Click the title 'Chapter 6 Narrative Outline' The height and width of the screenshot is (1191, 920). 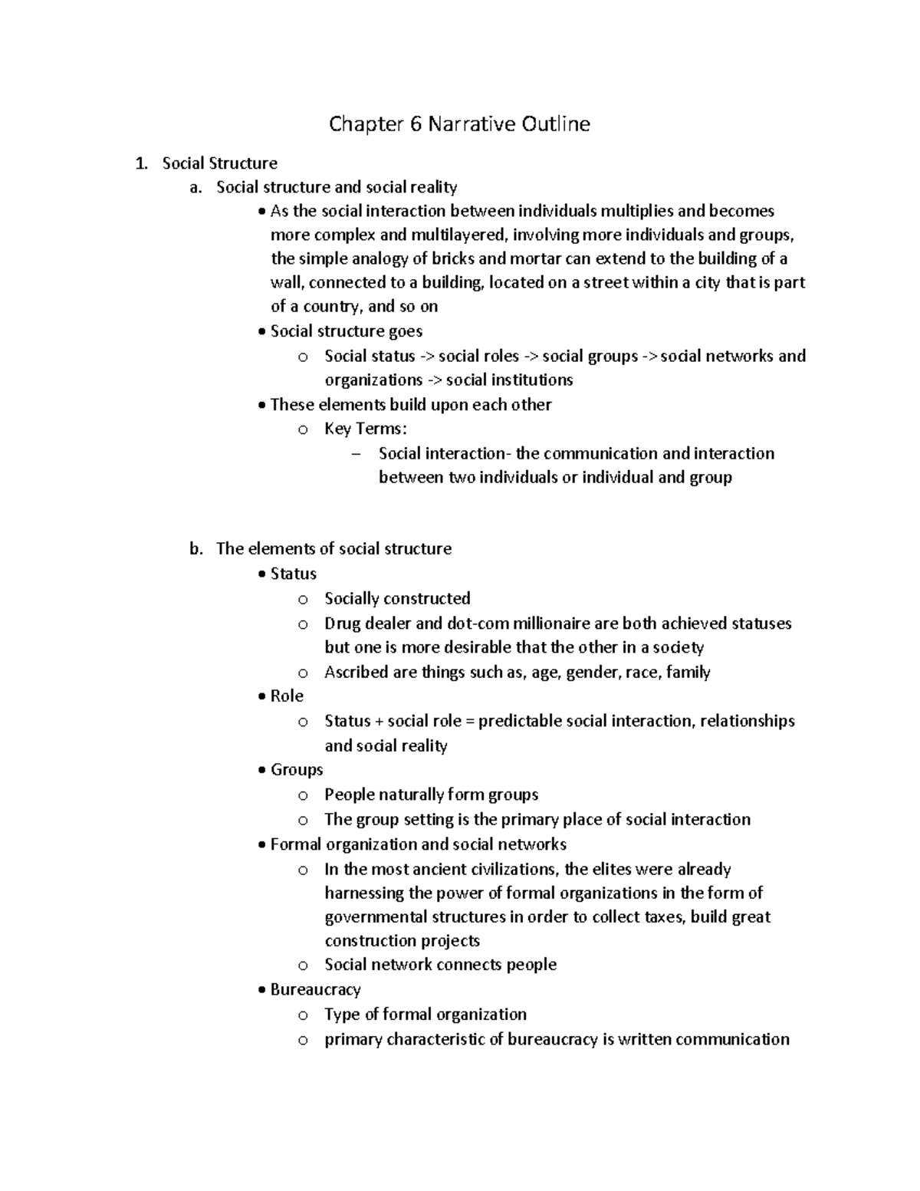pos(459,123)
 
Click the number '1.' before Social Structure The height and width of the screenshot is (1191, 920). pos(140,163)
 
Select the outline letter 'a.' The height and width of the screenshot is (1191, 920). pos(195,187)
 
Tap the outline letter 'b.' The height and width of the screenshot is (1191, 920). pos(195,548)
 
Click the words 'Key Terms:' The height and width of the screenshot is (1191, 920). pos(365,429)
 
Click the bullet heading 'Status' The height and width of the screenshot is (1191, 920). pos(293,574)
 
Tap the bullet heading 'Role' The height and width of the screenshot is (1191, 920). pos(287,696)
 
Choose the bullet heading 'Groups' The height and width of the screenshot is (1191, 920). pos(297,769)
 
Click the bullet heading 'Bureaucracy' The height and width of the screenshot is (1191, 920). pos(315,989)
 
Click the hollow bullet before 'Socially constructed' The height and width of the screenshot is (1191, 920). pos(303,599)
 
